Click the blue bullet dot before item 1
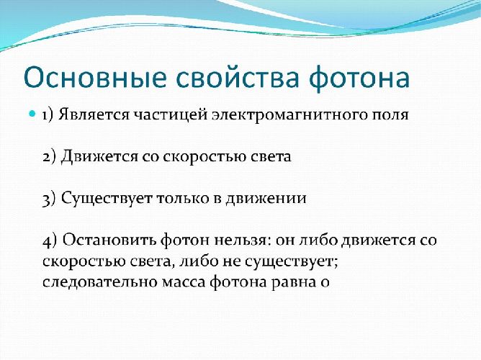[32, 114]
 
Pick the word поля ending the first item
[388, 115]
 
